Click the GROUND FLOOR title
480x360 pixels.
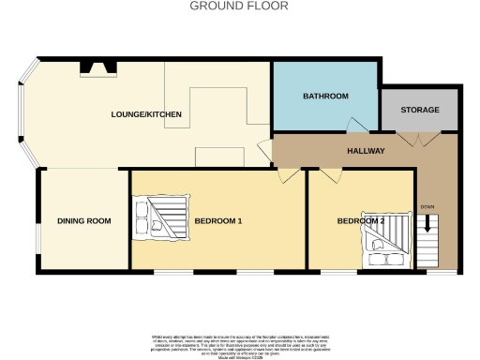tap(239, 6)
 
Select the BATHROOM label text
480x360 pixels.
tap(325, 97)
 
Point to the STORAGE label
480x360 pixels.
tap(419, 111)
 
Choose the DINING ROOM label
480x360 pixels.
tap(84, 221)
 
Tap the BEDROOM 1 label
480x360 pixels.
tap(218, 221)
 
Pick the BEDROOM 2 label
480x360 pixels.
tap(361, 221)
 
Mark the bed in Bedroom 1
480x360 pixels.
tap(160, 218)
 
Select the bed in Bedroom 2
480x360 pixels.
tap(385, 246)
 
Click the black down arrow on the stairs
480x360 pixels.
tap(429, 224)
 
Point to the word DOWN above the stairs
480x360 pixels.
tap(427, 206)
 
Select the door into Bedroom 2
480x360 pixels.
tap(327, 174)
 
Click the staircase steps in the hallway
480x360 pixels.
tap(428, 246)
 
